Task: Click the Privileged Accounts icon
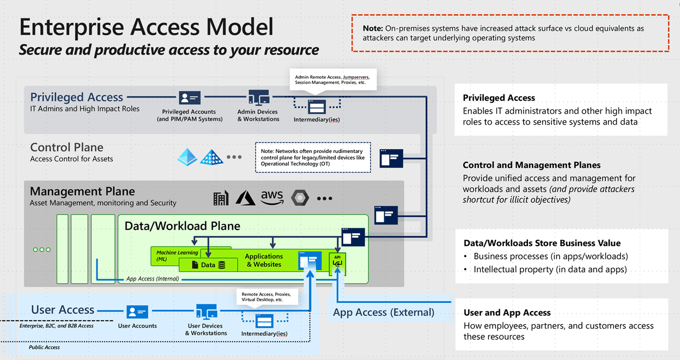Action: tap(190, 98)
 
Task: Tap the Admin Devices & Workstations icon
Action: tap(258, 98)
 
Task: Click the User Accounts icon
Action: tap(137, 312)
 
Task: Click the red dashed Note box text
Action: tap(509, 33)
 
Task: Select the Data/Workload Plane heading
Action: tap(183, 226)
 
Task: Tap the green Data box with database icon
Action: tap(208, 265)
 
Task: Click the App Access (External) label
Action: tap(384, 312)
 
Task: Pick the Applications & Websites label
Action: tap(264, 260)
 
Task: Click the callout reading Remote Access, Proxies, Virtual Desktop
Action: tap(267, 297)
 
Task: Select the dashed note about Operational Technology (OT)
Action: tap(312, 157)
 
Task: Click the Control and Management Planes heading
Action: tap(531, 165)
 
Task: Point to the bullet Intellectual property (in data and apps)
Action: tap(550, 269)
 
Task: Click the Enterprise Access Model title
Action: tap(147, 27)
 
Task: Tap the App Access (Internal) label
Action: tap(152, 279)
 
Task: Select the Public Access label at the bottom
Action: tap(44, 347)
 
